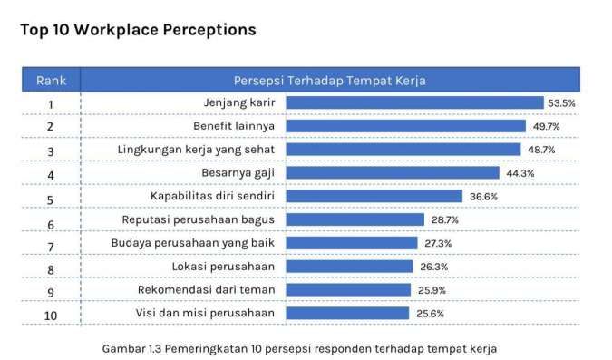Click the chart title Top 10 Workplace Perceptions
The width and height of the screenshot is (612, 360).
138,30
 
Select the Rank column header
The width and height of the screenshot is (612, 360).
51,80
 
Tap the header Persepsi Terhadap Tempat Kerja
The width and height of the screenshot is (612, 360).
330,80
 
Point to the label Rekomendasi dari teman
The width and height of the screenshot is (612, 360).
212,290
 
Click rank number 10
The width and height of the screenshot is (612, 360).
51,315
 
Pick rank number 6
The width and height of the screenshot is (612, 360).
51,221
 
